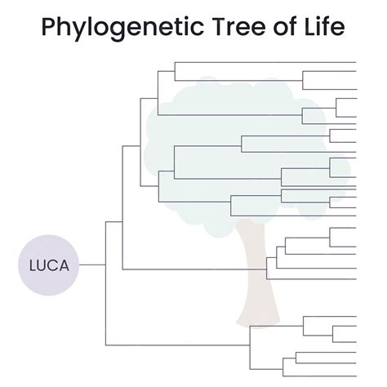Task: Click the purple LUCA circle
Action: [49, 265]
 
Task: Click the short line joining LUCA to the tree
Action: [92, 265]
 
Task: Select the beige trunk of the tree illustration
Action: [256, 286]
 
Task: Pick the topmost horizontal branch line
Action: [265, 61]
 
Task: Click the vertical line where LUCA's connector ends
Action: [106, 245]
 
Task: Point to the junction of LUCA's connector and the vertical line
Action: [106, 265]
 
